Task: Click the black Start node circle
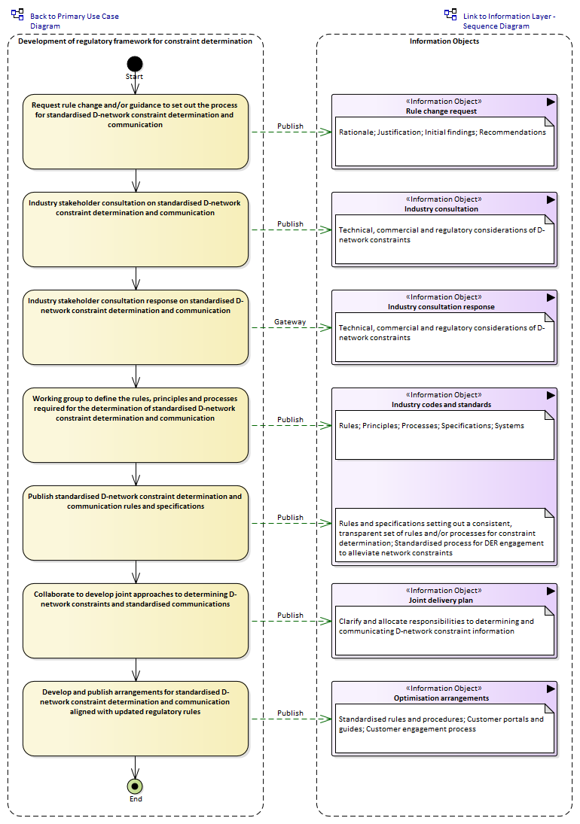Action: pos(135,64)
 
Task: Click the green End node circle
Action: pos(135,786)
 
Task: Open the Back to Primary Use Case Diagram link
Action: pos(74,21)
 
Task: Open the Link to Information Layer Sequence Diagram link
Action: pos(509,21)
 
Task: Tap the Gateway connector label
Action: pos(290,321)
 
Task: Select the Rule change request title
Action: pos(441,111)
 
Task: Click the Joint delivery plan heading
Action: pos(441,601)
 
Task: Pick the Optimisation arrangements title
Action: pos(441,698)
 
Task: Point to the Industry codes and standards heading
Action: pos(441,405)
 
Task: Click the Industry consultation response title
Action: pos(441,307)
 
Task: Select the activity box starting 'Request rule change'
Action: pos(135,132)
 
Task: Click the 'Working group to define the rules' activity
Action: pos(135,425)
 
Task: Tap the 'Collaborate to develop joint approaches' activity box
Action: pos(135,621)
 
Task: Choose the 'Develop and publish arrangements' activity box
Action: pos(135,719)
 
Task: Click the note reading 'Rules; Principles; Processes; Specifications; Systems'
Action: pos(444,435)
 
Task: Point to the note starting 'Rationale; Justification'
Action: pos(444,141)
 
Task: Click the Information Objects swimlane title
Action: pos(444,41)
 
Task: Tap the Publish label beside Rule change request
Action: pos(290,126)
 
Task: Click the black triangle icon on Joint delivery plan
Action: pos(551,591)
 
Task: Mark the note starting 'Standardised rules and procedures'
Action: pos(444,728)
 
